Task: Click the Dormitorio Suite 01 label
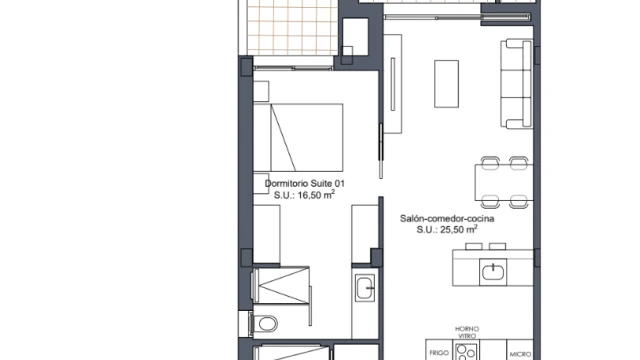tap(304, 183)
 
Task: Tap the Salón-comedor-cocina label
tap(447, 218)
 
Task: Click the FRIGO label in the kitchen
tap(439, 353)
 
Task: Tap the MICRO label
tap(520, 354)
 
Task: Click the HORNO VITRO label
tap(467, 332)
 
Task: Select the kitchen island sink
tap(493, 272)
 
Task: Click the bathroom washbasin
tap(364, 288)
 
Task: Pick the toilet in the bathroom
tap(264, 324)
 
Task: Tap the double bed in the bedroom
tap(298, 138)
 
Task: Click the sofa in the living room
tap(517, 84)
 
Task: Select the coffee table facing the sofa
tap(446, 84)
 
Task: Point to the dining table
tap(504, 182)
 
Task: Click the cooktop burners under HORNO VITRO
tap(466, 352)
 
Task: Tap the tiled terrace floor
tap(292, 27)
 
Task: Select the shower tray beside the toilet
tap(281, 285)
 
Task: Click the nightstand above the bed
tap(261, 91)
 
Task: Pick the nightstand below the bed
tap(260, 183)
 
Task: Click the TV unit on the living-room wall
tap(393, 84)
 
